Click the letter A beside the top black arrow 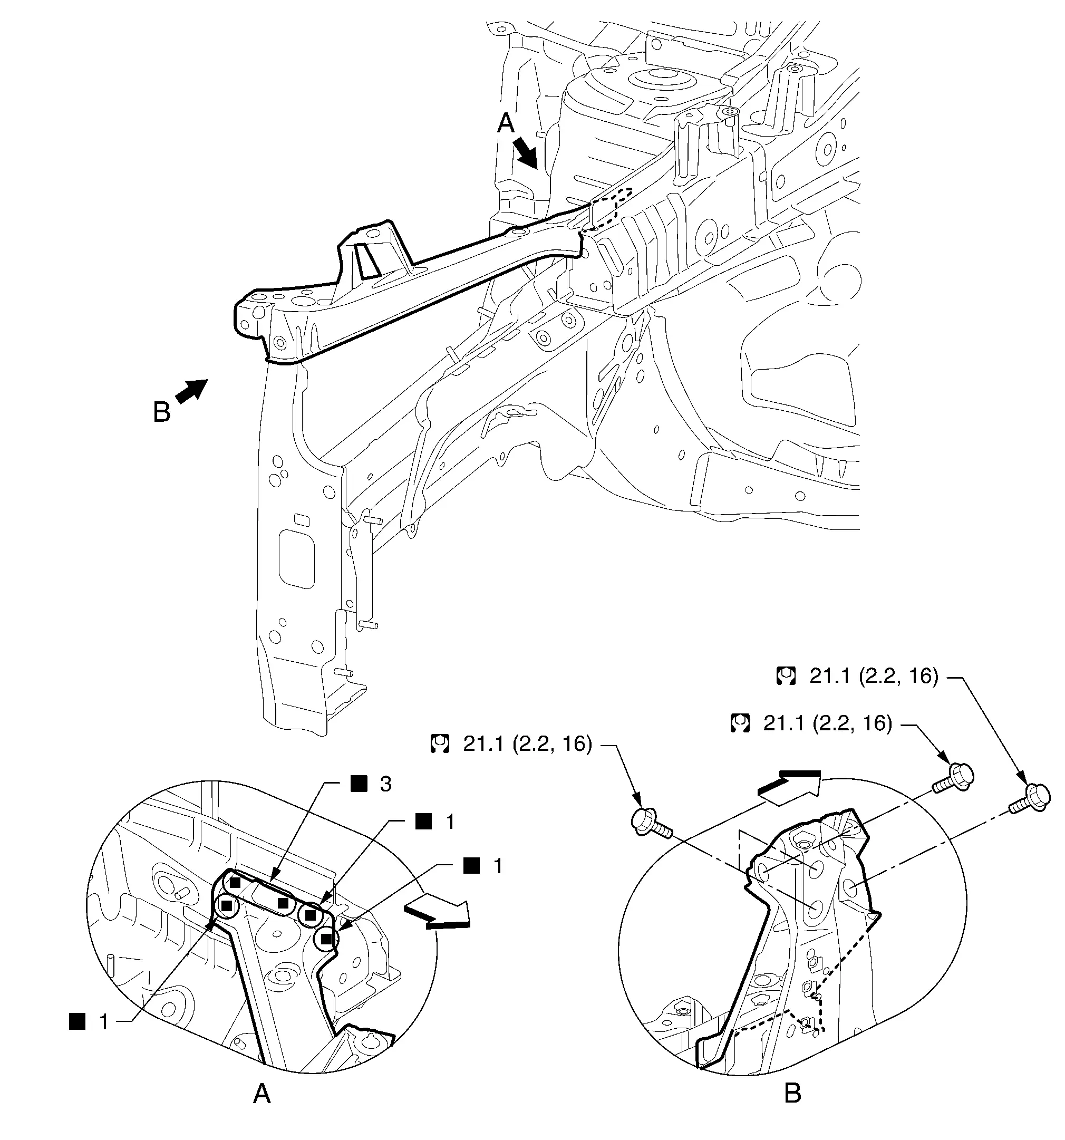pos(505,123)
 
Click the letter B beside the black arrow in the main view pos(162,412)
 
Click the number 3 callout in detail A pos(385,784)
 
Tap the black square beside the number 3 pos(359,784)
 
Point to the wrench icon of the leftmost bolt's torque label pos(440,745)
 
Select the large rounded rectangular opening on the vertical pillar pos(296,558)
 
